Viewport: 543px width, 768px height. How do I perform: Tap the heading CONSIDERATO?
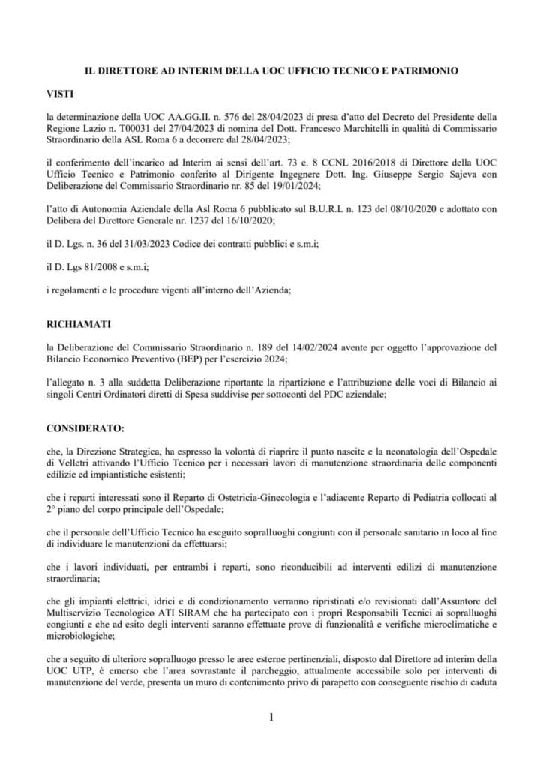(86, 428)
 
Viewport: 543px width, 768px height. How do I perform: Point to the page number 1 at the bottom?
(271, 718)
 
